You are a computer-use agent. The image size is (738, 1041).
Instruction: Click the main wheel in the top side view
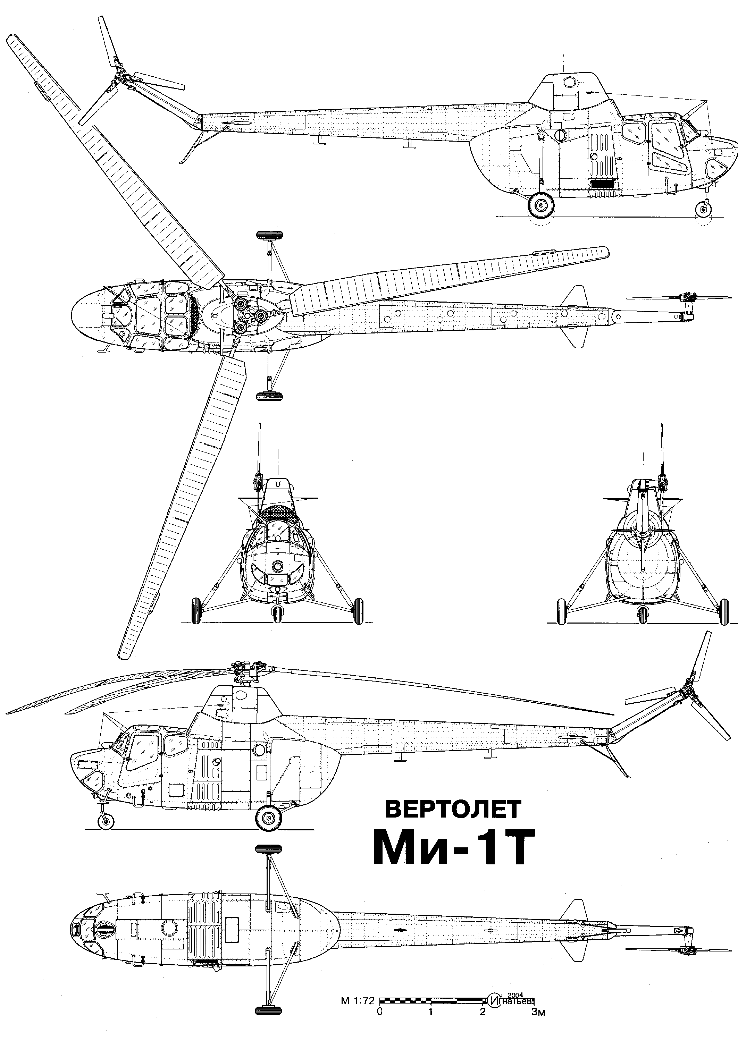541,207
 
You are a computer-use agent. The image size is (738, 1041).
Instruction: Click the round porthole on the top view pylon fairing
569,82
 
